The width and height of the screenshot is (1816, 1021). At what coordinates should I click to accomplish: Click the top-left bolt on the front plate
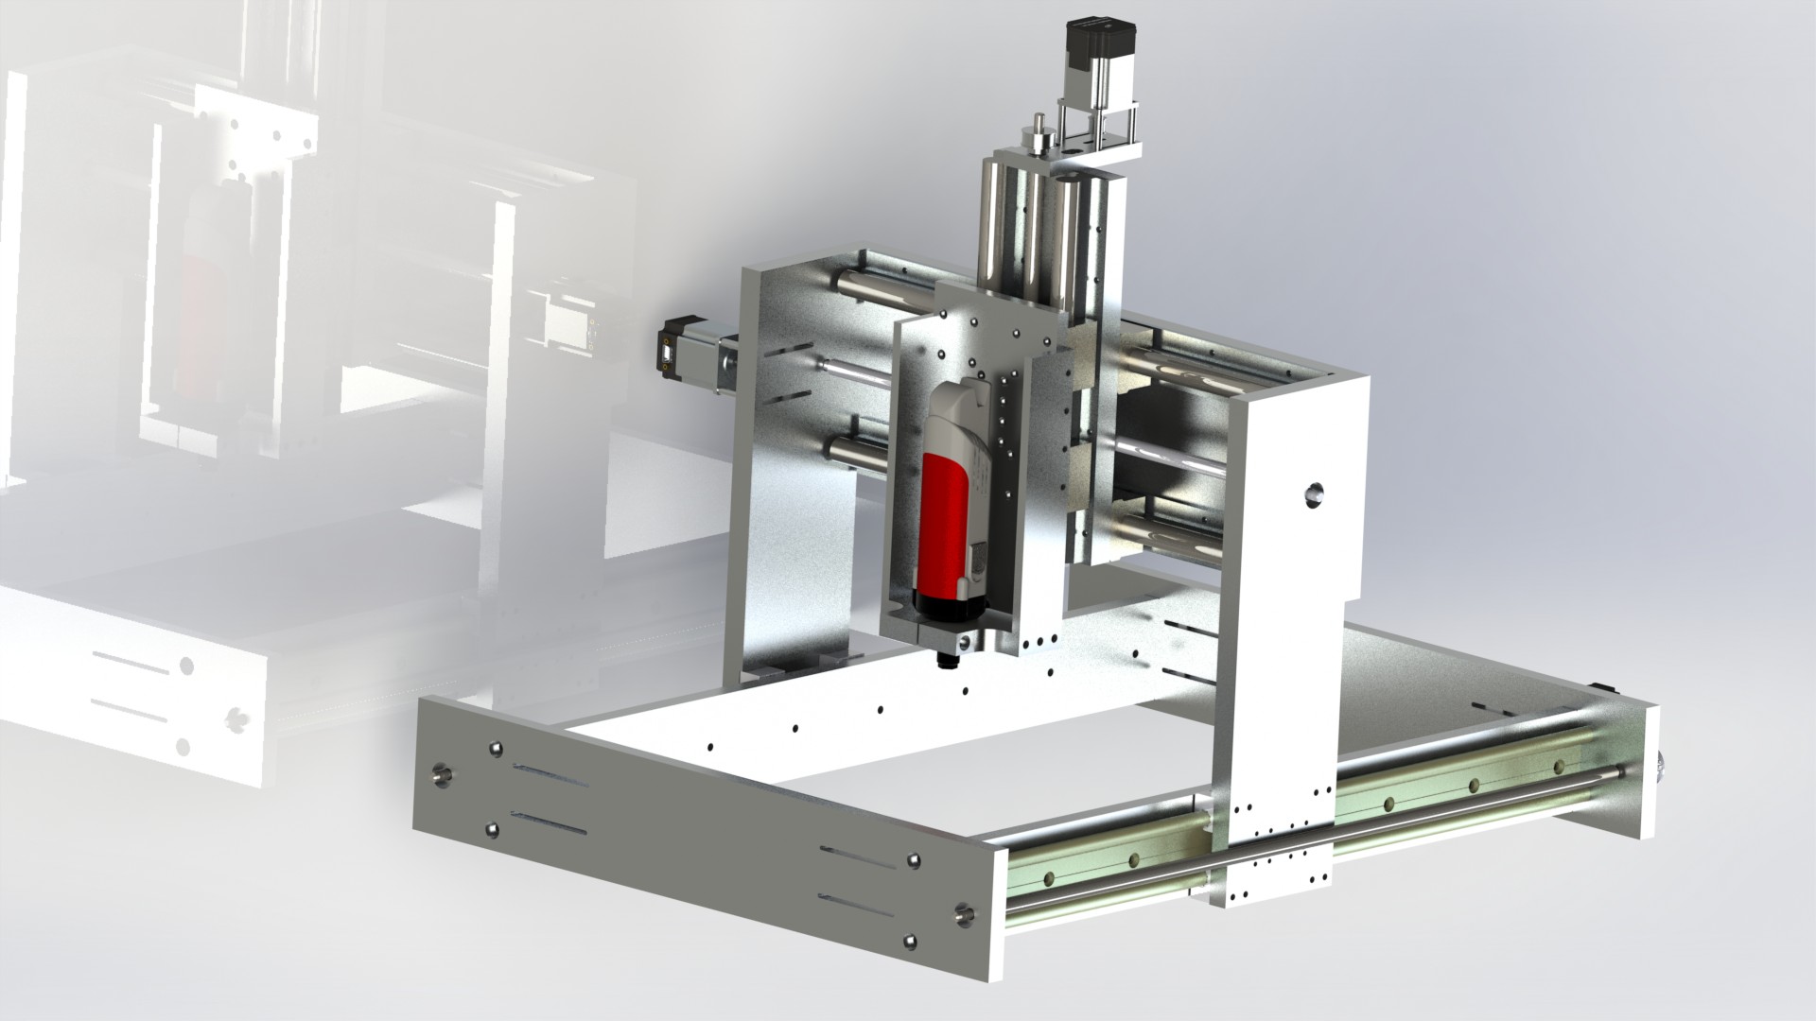(494, 750)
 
